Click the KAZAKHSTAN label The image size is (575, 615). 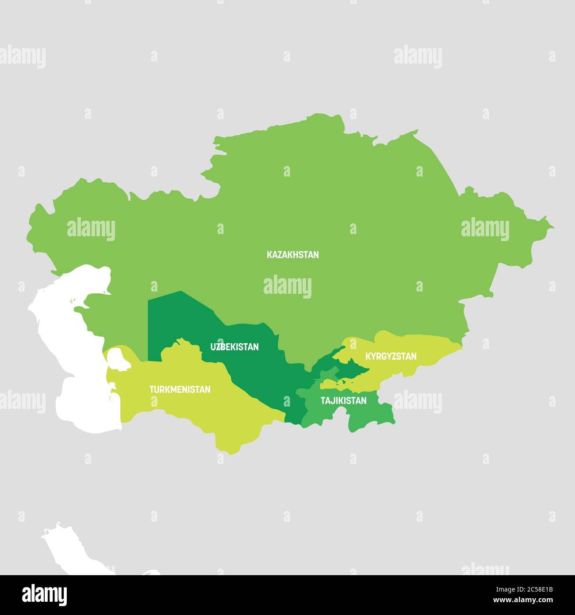click(292, 255)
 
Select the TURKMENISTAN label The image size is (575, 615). click(180, 390)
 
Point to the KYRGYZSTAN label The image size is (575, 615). click(391, 356)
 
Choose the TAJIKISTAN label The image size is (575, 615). click(344, 401)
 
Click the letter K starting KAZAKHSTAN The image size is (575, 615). click(269, 255)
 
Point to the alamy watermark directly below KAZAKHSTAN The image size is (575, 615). click(287, 287)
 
